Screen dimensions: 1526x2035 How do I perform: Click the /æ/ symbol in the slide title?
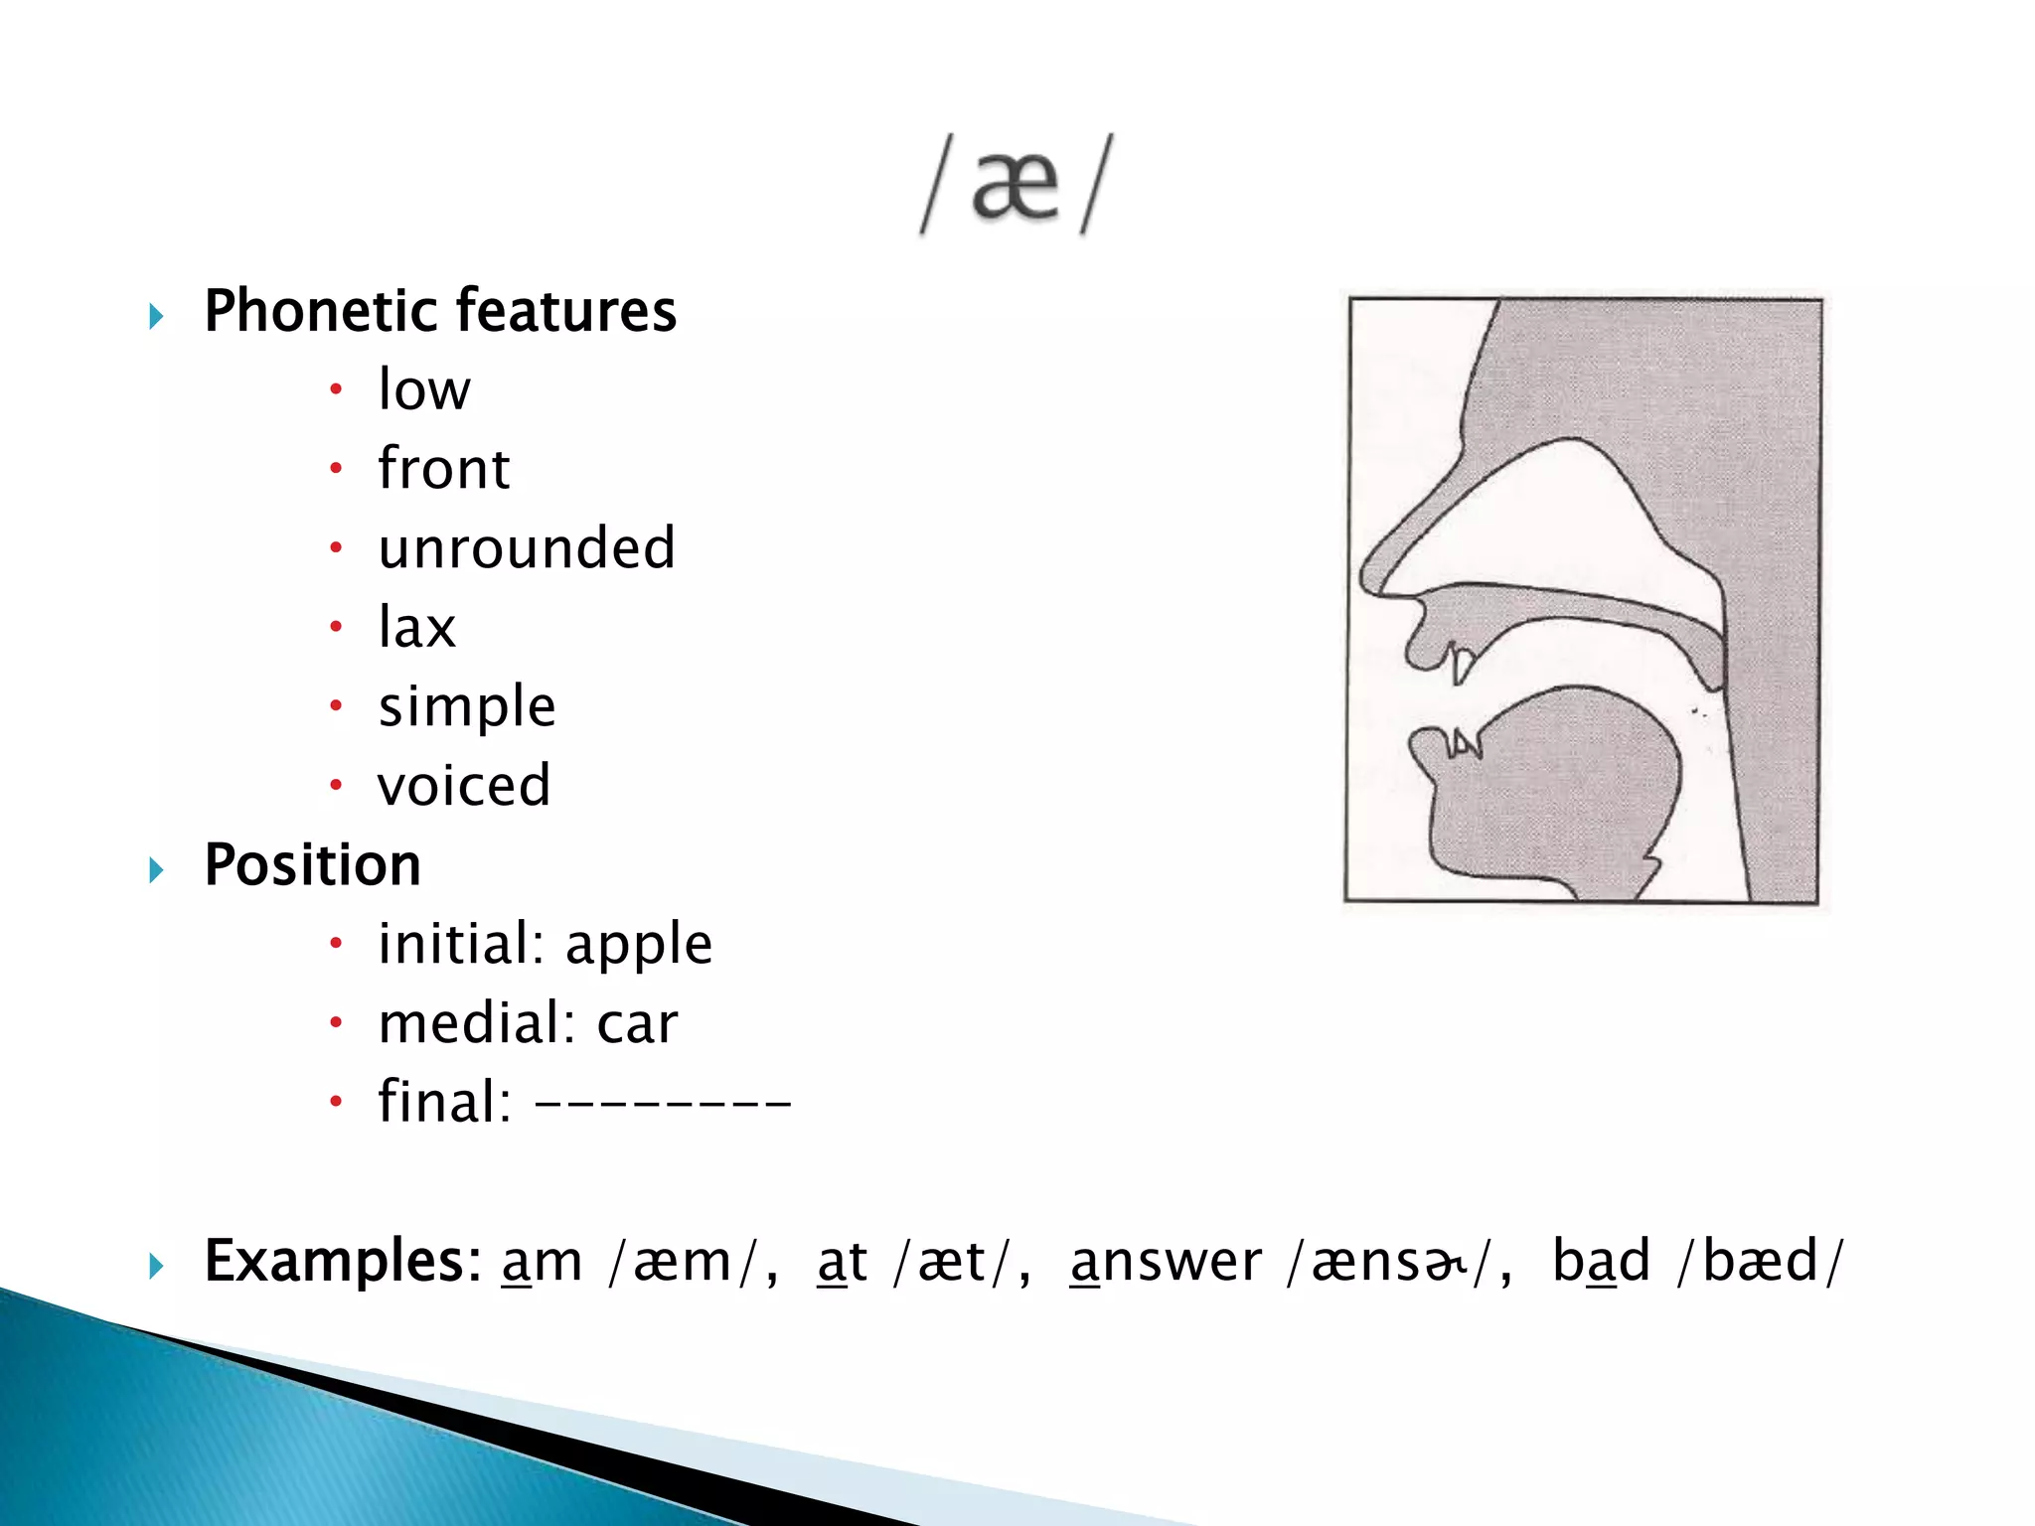click(x=1016, y=186)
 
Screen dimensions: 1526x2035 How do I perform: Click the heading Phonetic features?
click(x=440, y=311)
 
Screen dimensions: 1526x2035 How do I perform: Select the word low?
click(x=424, y=389)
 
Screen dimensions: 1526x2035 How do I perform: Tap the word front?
click(x=444, y=469)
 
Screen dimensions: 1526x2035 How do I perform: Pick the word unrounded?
click(x=527, y=548)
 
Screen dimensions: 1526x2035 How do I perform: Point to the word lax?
click(x=416, y=628)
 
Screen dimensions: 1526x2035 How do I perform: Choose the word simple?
click(x=467, y=707)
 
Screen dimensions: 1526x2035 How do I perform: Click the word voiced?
click(x=464, y=786)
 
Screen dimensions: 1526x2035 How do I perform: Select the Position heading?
click(x=313, y=865)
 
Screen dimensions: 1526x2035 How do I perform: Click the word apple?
click(x=639, y=945)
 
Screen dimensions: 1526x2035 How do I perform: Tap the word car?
click(x=637, y=1024)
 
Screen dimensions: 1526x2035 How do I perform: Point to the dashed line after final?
click(x=663, y=1102)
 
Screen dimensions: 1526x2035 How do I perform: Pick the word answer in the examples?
click(x=1166, y=1262)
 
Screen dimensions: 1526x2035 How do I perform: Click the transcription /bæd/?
click(x=1759, y=1262)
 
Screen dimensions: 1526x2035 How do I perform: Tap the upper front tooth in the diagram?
click(x=1461, y=664)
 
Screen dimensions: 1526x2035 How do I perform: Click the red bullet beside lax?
click(x=336, y=627)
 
